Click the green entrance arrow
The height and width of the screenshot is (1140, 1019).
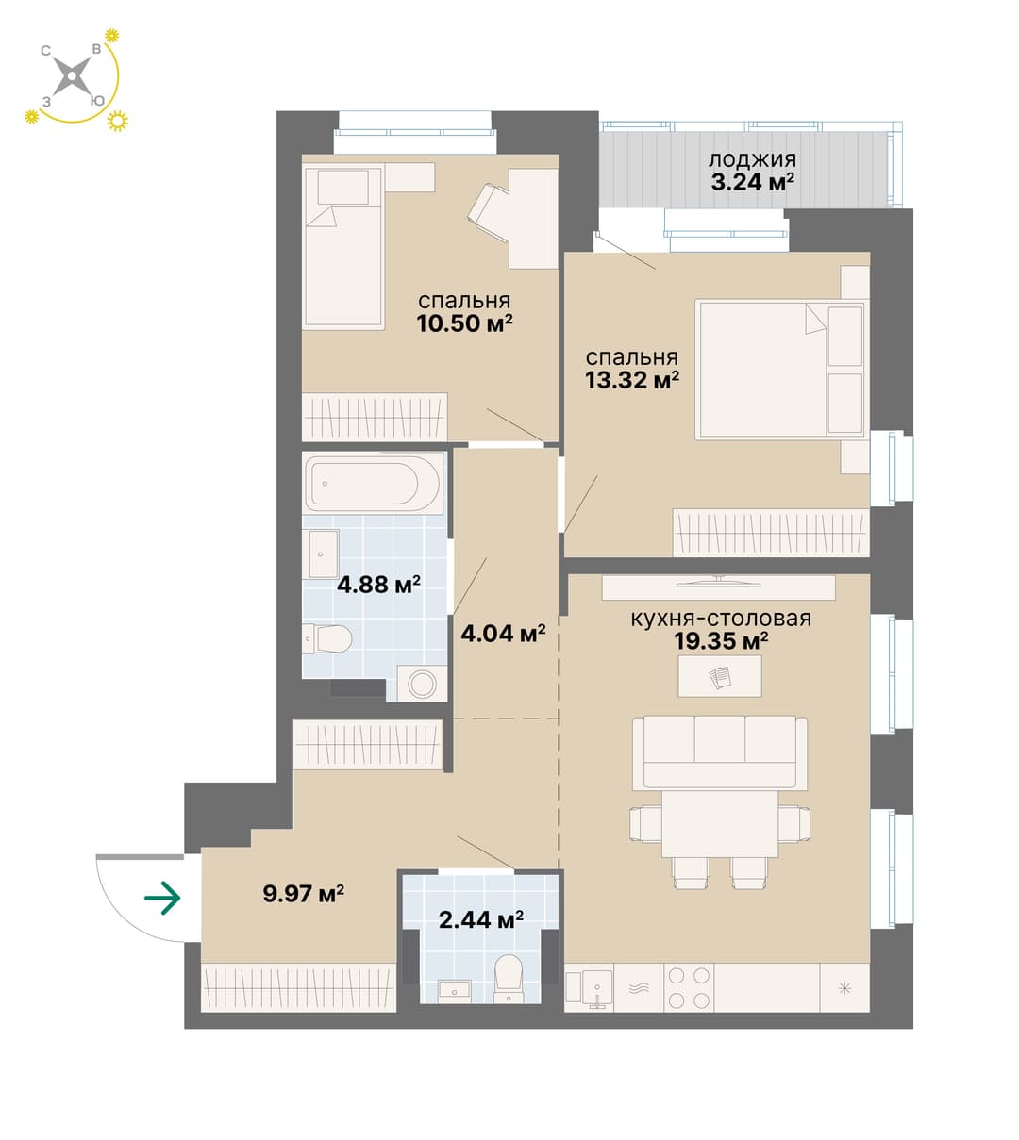coord(162,898)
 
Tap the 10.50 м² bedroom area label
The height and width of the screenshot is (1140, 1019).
coord(465,323)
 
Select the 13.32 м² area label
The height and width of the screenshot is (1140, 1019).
coord(632,380)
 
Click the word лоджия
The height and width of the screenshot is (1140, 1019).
coord(752,160)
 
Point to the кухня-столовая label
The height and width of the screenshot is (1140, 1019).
coord(721,619)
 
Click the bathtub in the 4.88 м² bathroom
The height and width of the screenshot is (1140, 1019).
coord(372,484)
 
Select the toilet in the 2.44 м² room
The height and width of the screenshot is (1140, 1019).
coord(509,980)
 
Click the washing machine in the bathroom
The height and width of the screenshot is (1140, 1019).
coord(422,684)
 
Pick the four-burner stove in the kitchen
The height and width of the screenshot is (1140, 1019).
coord(689,987)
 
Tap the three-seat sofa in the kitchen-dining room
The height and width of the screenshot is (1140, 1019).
coord(720,752)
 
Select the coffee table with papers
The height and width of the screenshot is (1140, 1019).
coord(720,677)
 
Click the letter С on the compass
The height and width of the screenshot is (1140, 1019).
coord(46,51)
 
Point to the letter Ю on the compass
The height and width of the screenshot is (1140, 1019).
coord(97,101)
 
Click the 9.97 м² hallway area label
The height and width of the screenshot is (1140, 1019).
coord(304,894)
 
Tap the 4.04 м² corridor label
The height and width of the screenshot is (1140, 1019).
coord(503,635)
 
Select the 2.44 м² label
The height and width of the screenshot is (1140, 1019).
coord(481,920)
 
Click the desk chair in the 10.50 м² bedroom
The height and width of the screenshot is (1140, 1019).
coord(489,212)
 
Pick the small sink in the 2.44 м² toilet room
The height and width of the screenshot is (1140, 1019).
coord(455,989)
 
